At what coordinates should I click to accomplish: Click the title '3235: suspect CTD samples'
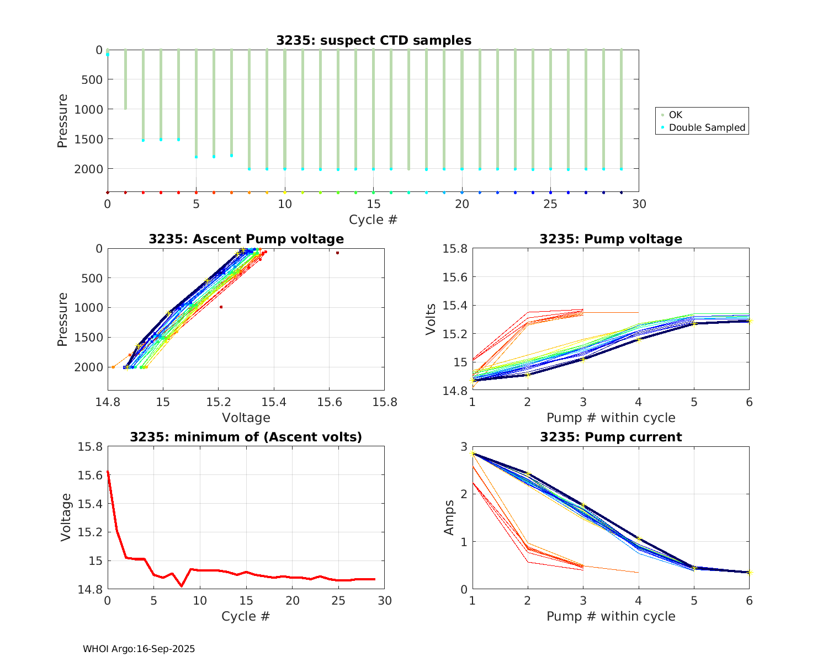click(374, 40)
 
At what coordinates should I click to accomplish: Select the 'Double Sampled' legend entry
click(707, 127)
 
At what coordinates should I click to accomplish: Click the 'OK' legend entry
click(675, 115)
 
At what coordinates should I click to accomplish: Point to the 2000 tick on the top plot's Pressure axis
click(88, 168)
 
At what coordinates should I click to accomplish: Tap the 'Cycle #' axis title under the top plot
click(373, 220)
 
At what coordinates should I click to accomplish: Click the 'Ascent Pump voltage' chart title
click(246, 239)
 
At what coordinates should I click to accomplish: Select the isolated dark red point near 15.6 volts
click(337, 253)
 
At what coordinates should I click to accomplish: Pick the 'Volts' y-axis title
click(431, 319)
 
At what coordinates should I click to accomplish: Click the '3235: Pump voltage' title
click(611, 239)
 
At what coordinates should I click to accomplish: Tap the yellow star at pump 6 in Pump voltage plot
click(749, 320)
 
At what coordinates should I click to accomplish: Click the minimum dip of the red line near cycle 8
click(182, 586)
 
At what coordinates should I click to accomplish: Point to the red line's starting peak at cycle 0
click(108, 472)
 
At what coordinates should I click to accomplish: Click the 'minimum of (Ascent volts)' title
click(246, 437)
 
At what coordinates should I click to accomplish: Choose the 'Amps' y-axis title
click(450, 517)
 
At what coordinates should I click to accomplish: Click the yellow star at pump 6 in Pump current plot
click(749, 572)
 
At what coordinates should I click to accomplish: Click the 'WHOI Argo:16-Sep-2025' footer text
click(139, 649)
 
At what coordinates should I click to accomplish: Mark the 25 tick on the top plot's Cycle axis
click(550, 204)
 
